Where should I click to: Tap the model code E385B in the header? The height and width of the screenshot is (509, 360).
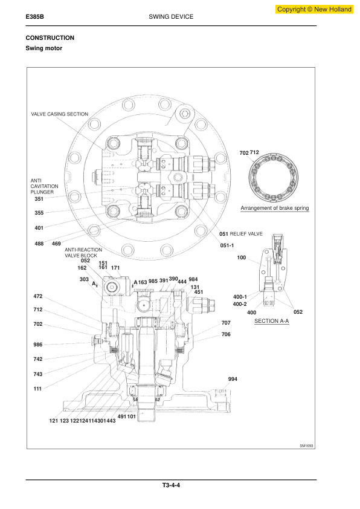tap(35, 17)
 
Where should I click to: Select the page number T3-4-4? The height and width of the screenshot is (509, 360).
tap(171, 485)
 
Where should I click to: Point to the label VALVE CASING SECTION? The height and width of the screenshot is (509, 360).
tap(59, 114)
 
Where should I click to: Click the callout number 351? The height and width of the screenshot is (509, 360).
tap(39, 199)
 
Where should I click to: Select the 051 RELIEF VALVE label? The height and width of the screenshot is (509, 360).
tap(241, 233)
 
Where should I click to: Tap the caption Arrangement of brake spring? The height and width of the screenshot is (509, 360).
tap(275, 208)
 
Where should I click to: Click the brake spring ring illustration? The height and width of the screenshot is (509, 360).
tap(275, 179)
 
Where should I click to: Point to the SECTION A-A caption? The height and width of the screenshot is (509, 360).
tap(272, 321)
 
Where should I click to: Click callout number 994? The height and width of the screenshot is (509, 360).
tap(233, 379)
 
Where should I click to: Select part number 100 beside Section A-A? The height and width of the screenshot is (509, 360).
tap(242, 258)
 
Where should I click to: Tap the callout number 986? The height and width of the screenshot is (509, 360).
tap(38, 344)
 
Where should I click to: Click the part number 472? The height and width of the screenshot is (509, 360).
tap(38, 296)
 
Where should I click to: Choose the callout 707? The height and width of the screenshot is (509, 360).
tap(226, 323)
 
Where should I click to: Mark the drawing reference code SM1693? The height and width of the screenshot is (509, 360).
tap(307, 446)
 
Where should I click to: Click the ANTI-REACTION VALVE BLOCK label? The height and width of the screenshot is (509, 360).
tap(83, 253)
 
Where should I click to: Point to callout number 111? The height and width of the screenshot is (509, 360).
tap(38, 389)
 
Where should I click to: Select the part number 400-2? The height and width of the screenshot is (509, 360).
tap(240, 304)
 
